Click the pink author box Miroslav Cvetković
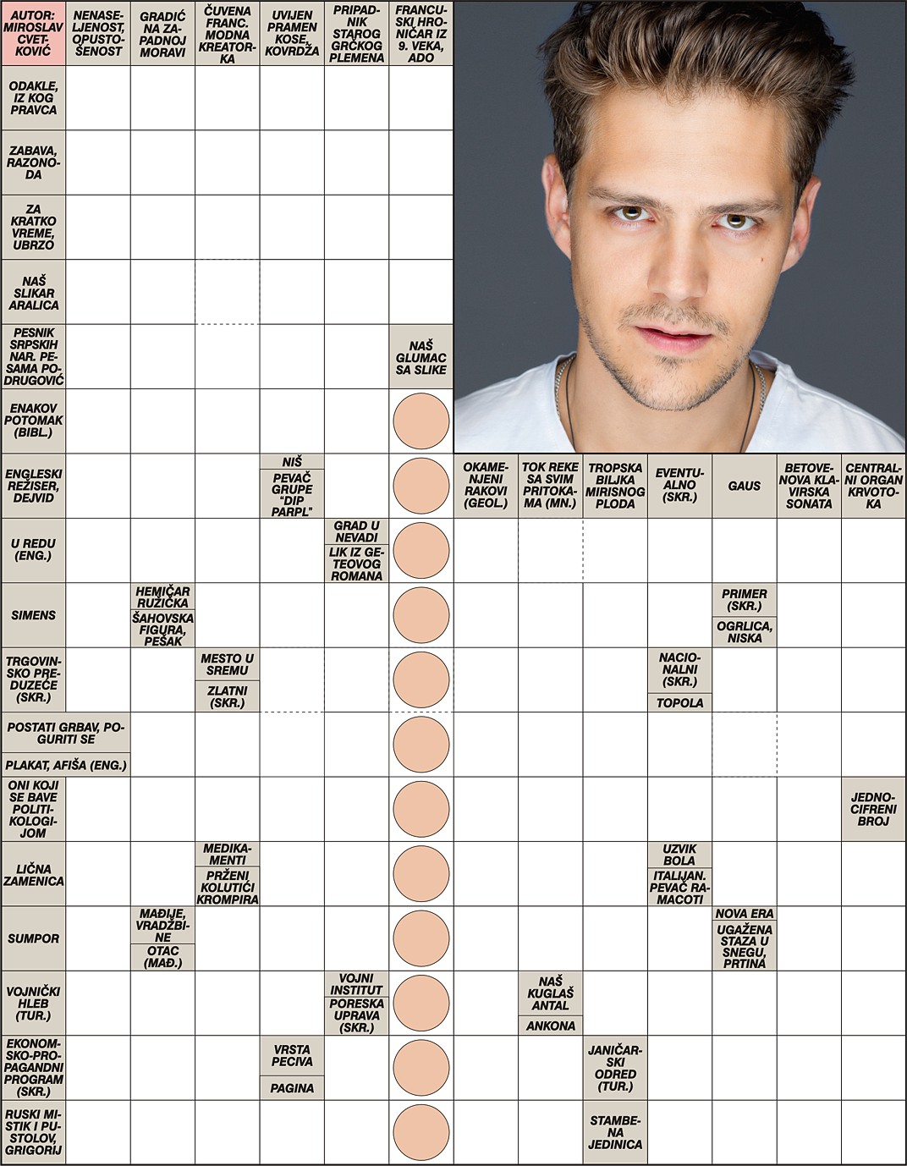tap(34, 33)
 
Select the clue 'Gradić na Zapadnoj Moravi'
tap(162, 34)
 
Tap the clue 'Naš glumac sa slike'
tap(421, 357)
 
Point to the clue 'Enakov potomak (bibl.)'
tap(34, 421)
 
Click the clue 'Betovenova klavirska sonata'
tap(809, 486)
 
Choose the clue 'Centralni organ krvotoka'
tap(873, 486)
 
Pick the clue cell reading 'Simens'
tap(34, 615)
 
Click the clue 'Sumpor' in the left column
tap(34, 938)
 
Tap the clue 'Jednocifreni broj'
tap(873, 809)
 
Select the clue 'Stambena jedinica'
tap(615, 1133)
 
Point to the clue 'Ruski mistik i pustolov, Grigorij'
tap(34, 1133)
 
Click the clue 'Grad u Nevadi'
tap(356, 531)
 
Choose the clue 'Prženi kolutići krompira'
tap(228, 887)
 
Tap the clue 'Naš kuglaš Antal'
tap(550, 993)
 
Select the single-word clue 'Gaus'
tap(744, 486)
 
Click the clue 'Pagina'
tap(292, 1088)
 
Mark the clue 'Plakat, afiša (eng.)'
tap(66, 765)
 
